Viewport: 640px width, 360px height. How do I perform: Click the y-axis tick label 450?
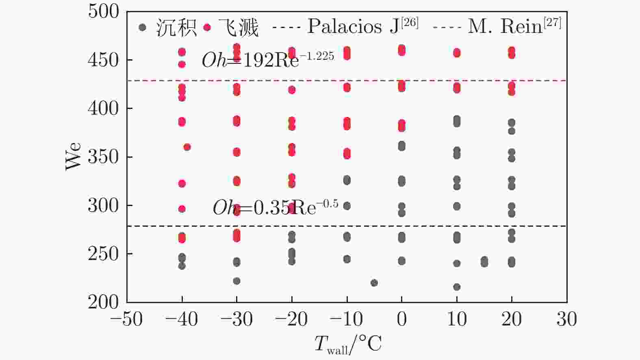[x=103, y=60]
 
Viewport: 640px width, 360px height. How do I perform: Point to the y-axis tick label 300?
[x=103, y=206]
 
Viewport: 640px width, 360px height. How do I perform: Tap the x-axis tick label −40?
[x=181, y=319]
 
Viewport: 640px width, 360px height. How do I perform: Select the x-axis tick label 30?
[x=566, y=319]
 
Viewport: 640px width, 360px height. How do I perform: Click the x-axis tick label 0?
[x=401, y=319]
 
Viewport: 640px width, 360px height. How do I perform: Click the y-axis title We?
[x=74, y=157]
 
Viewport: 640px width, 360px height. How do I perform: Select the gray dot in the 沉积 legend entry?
[x=142, y=28]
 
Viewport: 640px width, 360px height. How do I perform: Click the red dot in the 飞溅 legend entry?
[x=207, y=28]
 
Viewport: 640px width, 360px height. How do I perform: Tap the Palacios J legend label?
[x=362, y=26]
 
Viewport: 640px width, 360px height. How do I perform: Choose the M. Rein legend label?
[x=514, y=26]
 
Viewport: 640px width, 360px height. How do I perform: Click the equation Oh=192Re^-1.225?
[x=268, y=60]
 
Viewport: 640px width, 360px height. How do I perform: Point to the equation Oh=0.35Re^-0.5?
[x=275, y=208]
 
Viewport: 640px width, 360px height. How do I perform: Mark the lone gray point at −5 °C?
[x=374, y=283]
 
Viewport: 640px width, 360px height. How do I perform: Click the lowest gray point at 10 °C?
[x=457, y=287]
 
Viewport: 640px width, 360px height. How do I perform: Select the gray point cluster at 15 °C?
[x=484, y=261]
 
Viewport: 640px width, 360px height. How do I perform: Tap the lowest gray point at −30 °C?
[x=236, y=281]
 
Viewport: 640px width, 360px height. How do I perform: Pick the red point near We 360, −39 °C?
[x=187, y=147]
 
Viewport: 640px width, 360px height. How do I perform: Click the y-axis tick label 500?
[x=103, y=11]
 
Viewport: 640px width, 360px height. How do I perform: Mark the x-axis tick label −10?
[x=346, y=319]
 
